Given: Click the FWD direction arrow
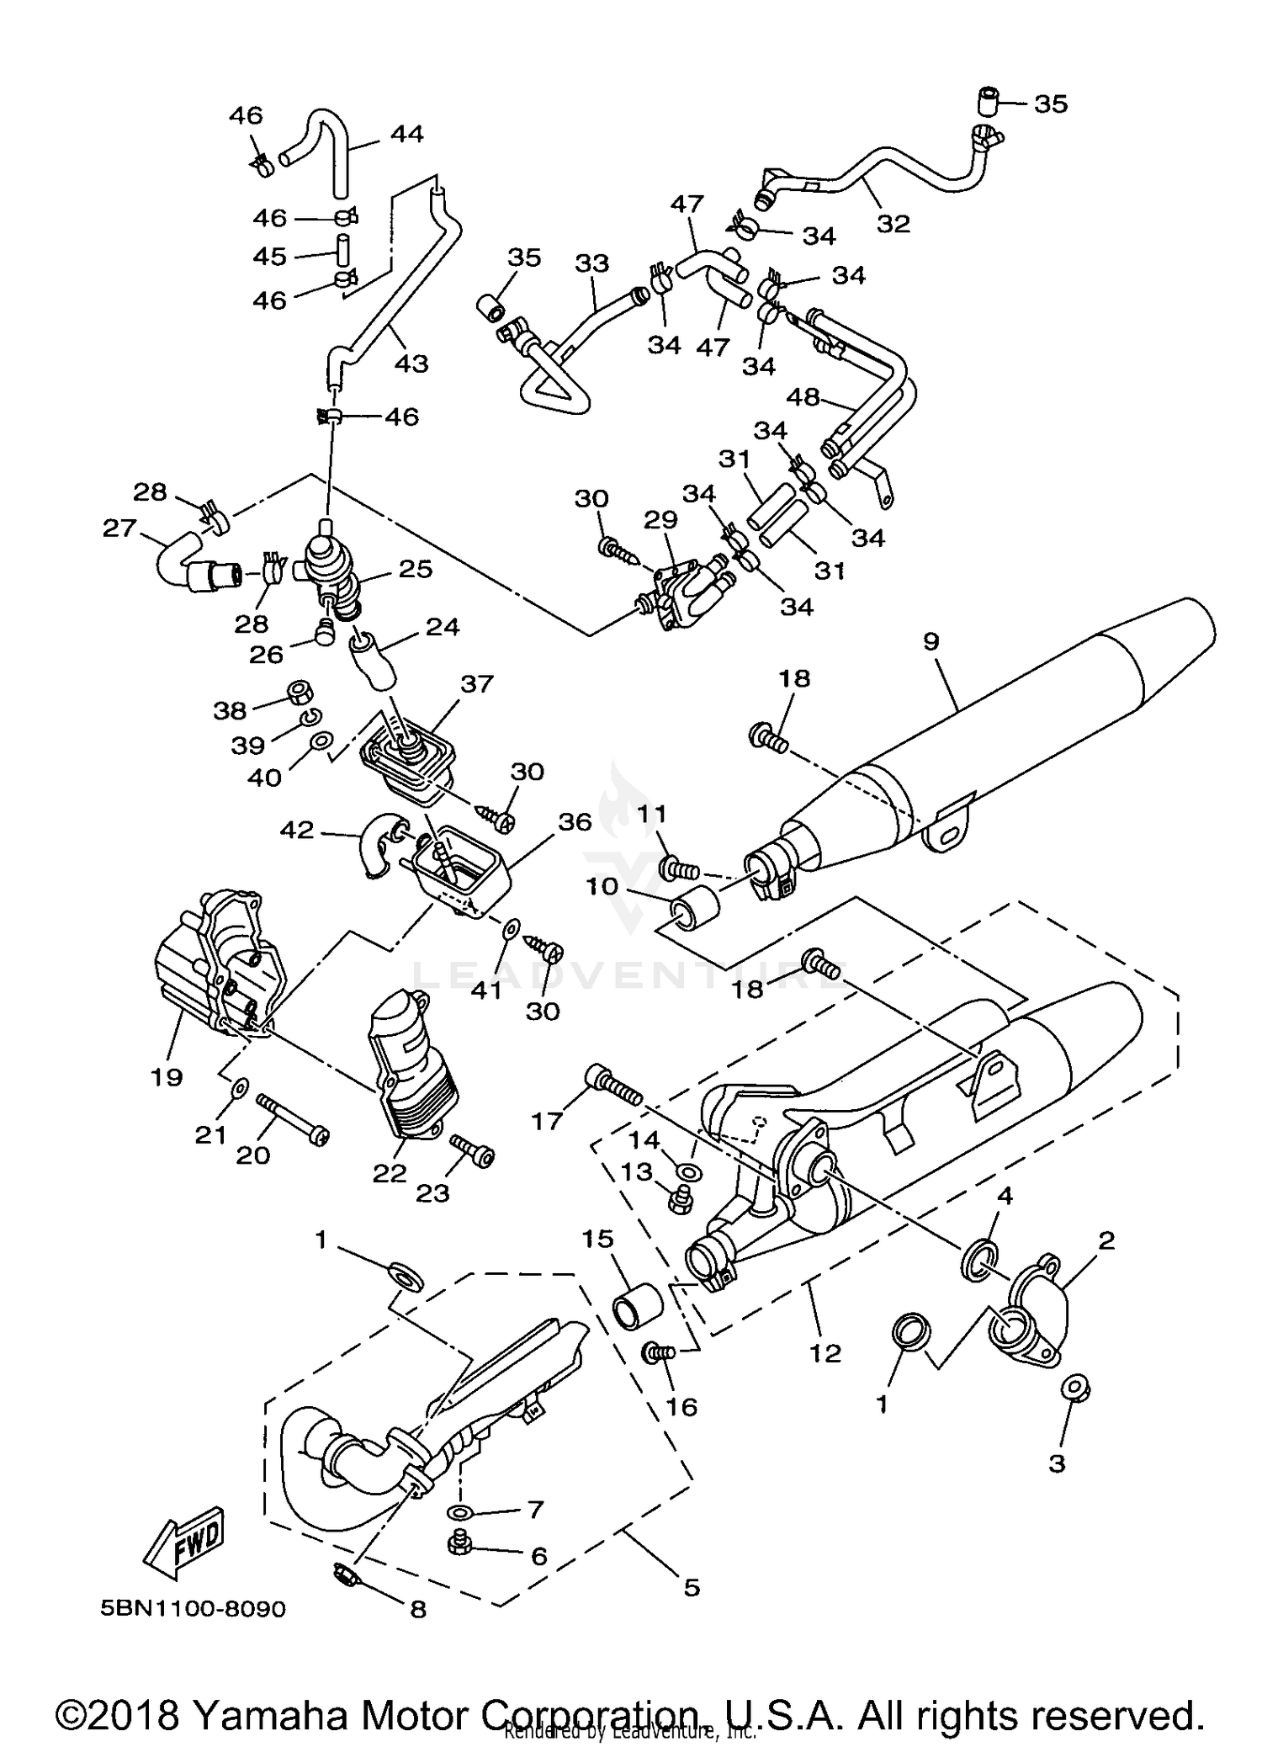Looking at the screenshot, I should pos(184,1542).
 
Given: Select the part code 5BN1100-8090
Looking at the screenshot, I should pos(193,1610).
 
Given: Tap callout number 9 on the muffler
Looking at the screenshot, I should pos(931,642).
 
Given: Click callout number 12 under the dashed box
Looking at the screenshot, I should pos(825,1353).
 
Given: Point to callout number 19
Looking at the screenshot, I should pos(167,1077).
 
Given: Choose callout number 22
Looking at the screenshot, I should pos(390,1173).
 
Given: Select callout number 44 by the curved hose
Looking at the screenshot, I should pos(406,135).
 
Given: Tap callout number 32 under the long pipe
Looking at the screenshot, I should pos(893,223).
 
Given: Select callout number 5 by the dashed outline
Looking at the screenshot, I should pos(692,1588).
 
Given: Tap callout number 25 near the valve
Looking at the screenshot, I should pos(416,570).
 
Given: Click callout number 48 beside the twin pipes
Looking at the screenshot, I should pos(803,397).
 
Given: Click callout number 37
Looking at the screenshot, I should pos(476,684).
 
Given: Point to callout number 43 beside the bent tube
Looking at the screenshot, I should pos(411,364).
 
